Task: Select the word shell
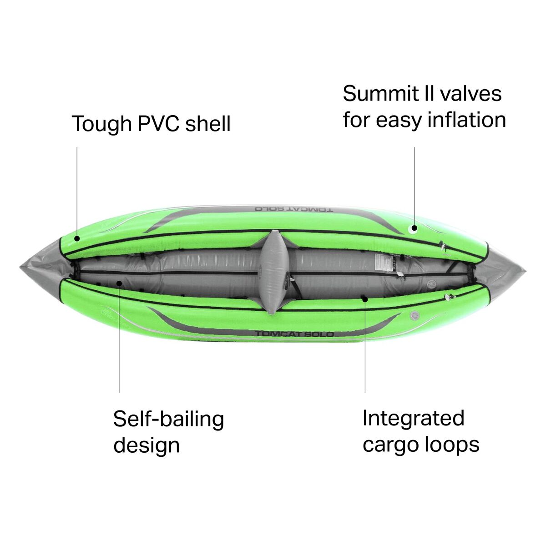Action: point(208,124)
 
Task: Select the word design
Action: point(146,445)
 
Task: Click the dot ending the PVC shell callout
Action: point(77,238)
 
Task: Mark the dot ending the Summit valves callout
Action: point(415,228)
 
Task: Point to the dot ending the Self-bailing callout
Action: point(119,283)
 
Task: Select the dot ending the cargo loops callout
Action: point(365,298)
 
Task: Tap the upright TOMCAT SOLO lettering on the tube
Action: point(294,334)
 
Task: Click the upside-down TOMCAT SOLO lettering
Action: point(294,209)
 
